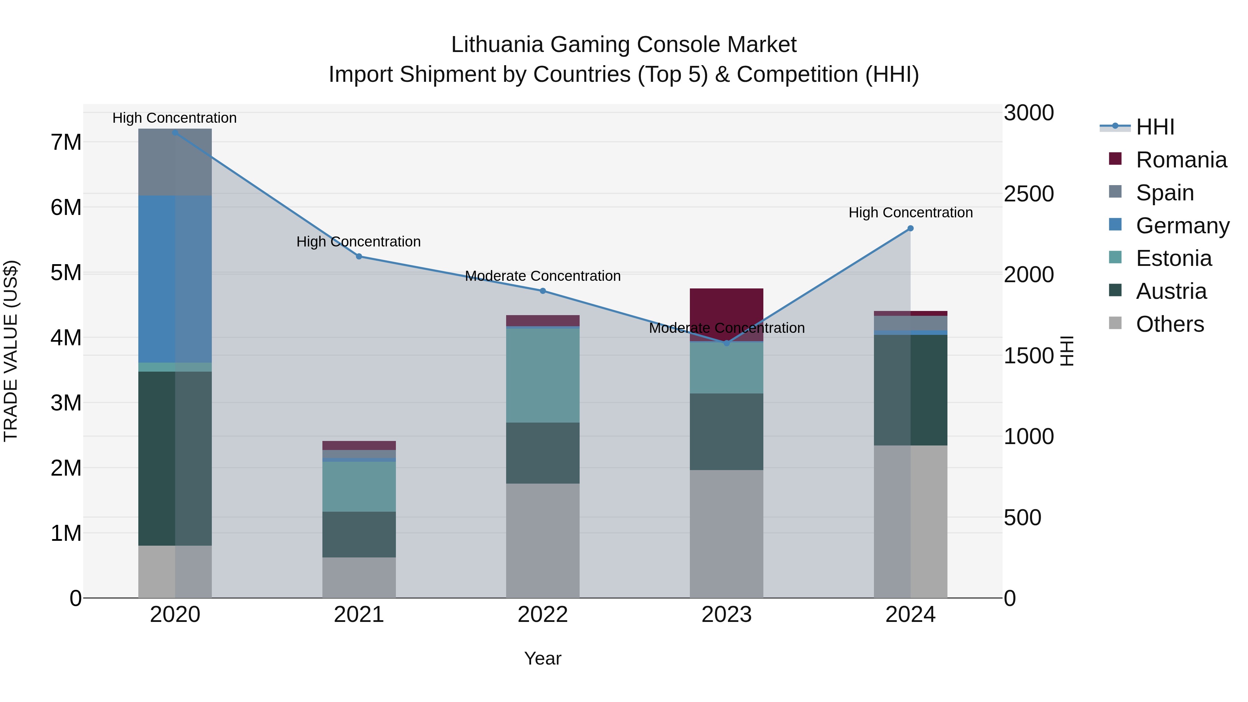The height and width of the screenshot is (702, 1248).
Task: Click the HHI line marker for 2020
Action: coord(175,132)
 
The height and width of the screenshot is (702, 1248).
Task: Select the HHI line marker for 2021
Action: coord(359,256)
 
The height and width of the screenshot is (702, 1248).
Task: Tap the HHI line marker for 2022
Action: coord(543,291)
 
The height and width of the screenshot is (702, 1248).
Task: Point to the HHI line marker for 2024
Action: coord(910,228)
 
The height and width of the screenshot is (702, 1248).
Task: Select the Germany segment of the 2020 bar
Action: coord(175,279)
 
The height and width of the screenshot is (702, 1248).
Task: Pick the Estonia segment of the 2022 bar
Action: coord(543,375)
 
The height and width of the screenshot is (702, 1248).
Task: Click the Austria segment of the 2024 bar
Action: coord(910,390)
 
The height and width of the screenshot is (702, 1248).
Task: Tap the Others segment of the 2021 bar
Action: coord(359,578)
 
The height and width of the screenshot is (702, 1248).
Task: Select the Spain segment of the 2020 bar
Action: coord(175,162)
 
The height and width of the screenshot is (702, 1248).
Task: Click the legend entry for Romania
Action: coord(1181,160)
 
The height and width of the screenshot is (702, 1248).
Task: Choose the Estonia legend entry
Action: coord(1173,258)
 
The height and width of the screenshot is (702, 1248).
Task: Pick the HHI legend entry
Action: coord(1155,127)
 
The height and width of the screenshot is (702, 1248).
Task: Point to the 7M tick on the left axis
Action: coord(66,142)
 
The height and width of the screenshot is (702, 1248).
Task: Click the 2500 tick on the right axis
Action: coord(1029,194)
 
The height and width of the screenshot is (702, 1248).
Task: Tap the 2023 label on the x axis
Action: coord(726,615)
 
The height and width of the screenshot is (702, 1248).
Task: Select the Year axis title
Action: coord(543,658)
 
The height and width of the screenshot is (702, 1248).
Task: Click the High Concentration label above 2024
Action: coord(910,213)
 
